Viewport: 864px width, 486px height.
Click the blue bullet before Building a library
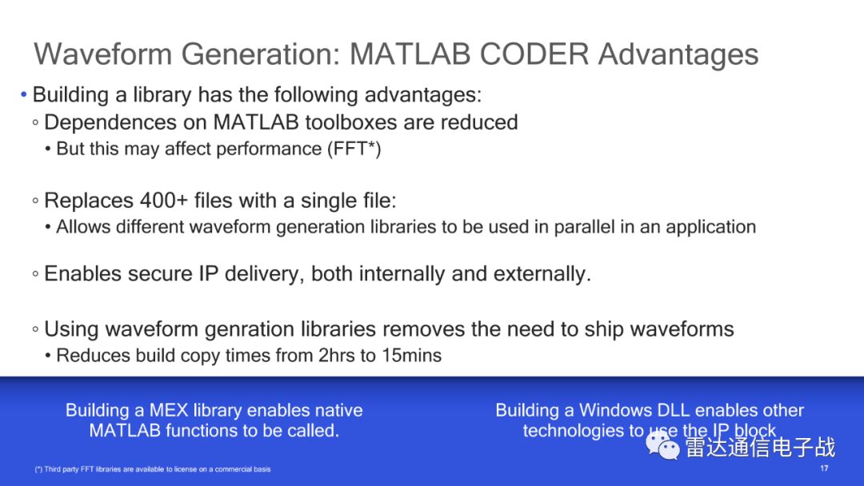point(24,94)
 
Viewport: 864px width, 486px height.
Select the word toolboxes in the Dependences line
point(350,122)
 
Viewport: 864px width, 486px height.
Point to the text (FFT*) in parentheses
point(354,149)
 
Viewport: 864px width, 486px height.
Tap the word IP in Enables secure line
point(208,273)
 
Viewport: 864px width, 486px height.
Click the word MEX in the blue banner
point(169,410)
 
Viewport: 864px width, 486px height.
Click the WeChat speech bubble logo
point(662,445)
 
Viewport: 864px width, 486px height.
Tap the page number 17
point(824,468)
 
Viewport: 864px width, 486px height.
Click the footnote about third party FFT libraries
point(153,469)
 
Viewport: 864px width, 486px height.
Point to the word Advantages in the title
point(678,54)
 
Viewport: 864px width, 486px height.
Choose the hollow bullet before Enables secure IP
point(35,273)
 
